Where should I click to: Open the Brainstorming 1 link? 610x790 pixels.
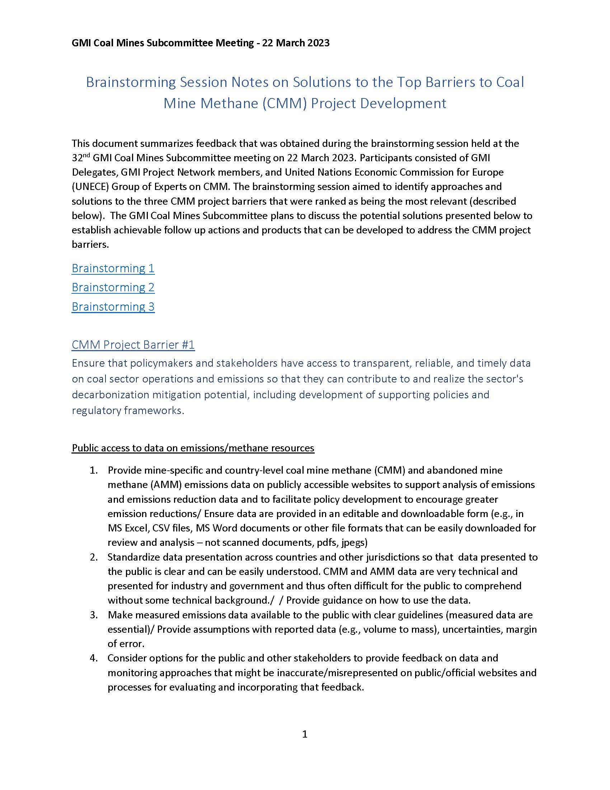[x=113, y=268]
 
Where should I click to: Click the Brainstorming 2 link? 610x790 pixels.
[x=113, y=287]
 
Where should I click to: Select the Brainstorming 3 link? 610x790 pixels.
[x=113, y=306]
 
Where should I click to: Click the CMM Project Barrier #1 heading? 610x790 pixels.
[x=133, y=344]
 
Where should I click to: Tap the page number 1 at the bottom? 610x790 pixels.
[x=305, y=734]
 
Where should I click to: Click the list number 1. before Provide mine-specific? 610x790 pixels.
[x=94, y=470]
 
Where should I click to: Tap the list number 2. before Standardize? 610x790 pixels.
[x=94, y=557]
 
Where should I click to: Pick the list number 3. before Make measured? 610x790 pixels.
[x=94, y=615]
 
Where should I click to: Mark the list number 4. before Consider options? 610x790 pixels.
[x=94, y=658]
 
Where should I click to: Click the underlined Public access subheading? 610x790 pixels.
[x=193, y=448]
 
